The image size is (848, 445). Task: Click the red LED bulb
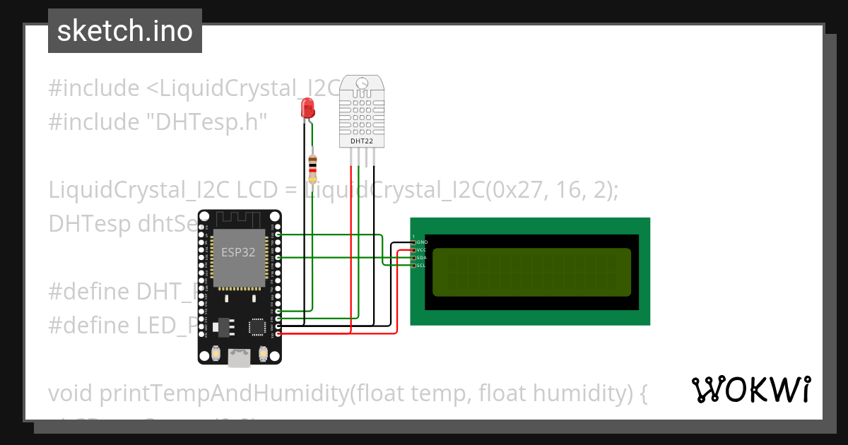307,108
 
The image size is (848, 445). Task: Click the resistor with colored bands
312,169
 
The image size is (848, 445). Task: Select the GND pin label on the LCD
422,242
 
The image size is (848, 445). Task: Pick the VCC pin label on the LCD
422,250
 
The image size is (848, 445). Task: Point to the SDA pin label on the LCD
422,258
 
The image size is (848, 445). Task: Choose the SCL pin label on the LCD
422,266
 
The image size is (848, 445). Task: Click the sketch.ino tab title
124,31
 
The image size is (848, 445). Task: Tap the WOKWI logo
750,389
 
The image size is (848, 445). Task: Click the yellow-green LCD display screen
532,272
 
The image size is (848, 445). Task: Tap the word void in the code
71,393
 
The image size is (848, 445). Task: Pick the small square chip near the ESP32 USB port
256,327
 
